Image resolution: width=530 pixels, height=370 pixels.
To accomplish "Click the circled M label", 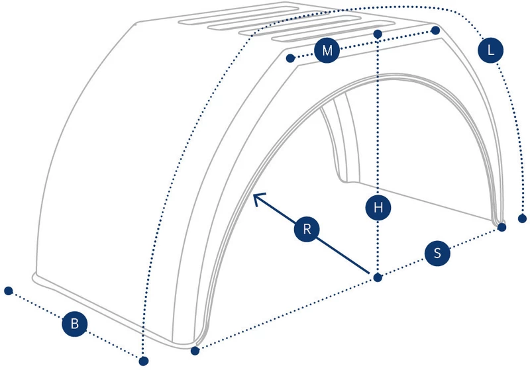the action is click(x=327, y=50).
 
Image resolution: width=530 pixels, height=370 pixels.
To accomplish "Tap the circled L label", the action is click(x=490, y=50).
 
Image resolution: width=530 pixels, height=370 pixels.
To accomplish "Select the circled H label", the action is click(x=378, y=207).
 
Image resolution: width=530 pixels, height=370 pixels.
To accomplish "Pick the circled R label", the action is click(x=307, y=229).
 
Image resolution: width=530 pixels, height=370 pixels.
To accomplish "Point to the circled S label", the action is click(x=437, y=253).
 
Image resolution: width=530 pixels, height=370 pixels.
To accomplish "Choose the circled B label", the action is click(x=75, y=324).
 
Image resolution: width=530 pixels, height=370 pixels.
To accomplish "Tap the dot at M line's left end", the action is click(x=290, y=58).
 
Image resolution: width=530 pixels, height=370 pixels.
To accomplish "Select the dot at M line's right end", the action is click(x=435, y=30).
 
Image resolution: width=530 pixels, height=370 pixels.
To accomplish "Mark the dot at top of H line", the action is click(x=378, y=34).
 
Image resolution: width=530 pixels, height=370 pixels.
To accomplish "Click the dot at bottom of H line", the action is click(x=378, y=278).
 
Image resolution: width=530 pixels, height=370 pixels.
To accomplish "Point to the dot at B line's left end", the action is click(x=9, y=291).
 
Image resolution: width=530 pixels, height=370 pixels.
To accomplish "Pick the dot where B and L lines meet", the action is click(x=144, y=361).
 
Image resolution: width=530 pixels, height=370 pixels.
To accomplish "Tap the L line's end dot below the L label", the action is click(x=522, y=218).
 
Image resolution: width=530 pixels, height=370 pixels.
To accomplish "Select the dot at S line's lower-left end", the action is click(x=195, y=351).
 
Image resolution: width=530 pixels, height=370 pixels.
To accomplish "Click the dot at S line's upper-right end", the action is click(x=502, y=227).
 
